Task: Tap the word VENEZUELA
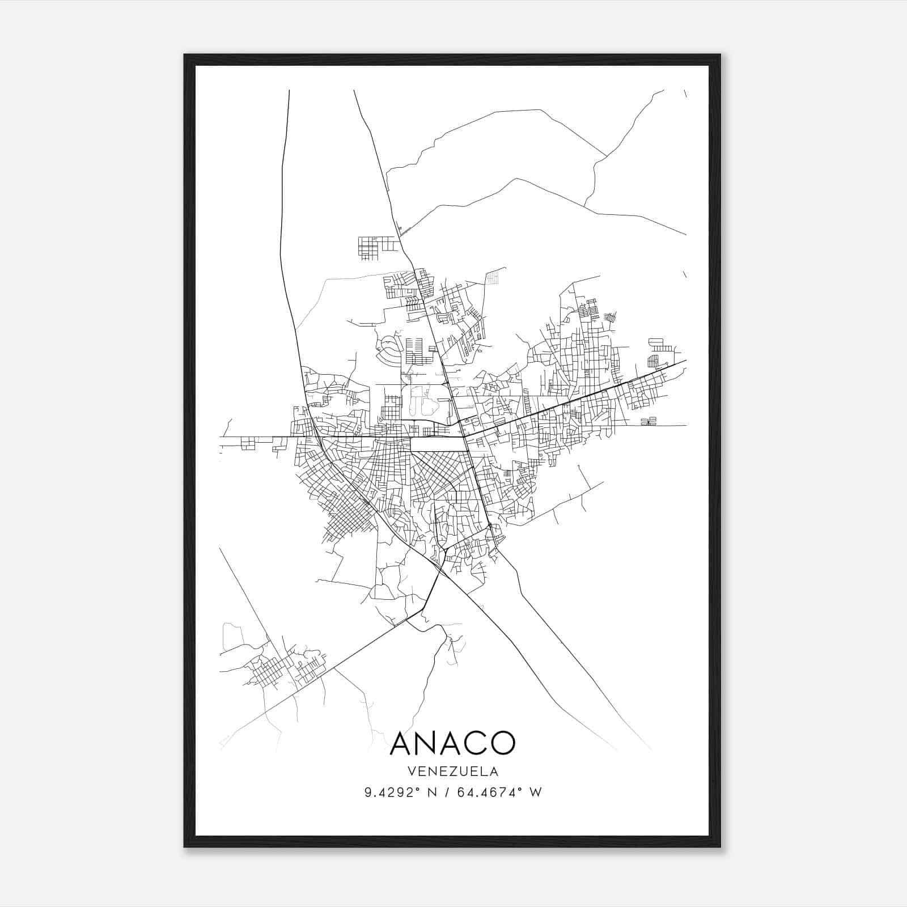click(452, 772)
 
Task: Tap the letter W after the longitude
click(536, 792)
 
